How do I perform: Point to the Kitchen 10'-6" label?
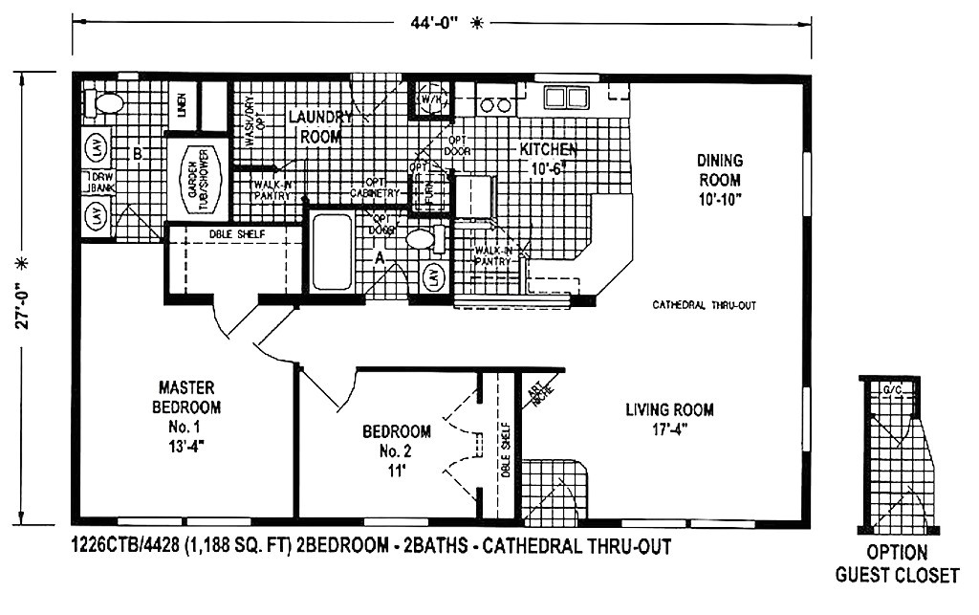pos(548,158)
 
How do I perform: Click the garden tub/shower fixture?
pos(199,180)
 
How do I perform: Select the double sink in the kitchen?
pos(565,98)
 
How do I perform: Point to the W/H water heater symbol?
pos(429,99)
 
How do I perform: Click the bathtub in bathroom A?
pos(332,253)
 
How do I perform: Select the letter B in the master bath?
pos(139,153)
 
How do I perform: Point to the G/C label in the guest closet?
pos(892,390)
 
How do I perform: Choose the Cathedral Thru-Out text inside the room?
pos(705,305)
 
